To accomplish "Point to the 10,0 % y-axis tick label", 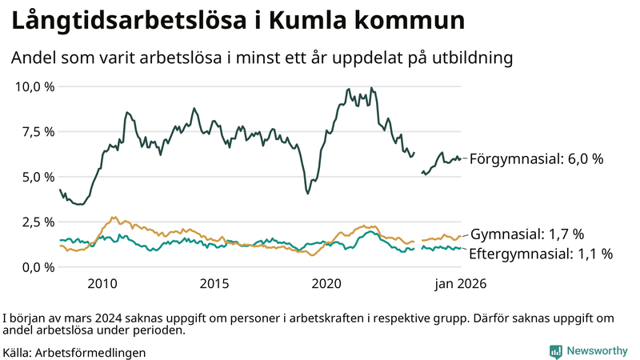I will click(x=34, y=86).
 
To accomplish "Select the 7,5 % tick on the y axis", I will click(x=38, y=131).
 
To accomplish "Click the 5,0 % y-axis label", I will click(x=38, y=177).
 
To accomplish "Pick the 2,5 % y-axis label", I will click(x=38, y=222).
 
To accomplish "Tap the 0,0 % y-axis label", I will click(x=38, y=266).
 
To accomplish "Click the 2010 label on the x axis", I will click(x=102, y=283).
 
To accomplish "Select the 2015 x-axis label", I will click(x=214, y=283).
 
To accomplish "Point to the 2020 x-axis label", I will click(x=326, y=283).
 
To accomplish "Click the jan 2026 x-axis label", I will click(x=460, y=283).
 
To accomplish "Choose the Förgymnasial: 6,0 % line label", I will click(x=535, y=159).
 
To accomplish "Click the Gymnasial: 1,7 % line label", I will click(x=527, y=234).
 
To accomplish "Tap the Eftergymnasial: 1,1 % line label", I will click(x=541, y=254).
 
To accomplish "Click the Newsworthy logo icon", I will click(x=555, y=351).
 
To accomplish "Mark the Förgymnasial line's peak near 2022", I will click(x=370, y=88).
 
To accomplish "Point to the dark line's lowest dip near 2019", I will click(x=308, y=193).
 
